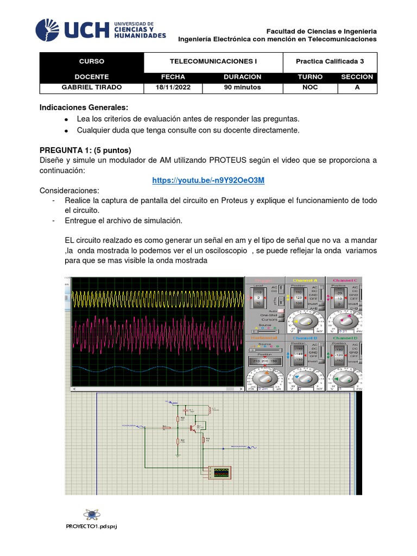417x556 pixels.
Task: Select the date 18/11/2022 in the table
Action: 170,87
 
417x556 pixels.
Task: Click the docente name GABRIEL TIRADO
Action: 92,87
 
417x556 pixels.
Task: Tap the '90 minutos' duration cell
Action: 242,87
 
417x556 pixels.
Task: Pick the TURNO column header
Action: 310,77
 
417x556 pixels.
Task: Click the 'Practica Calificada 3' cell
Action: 330,62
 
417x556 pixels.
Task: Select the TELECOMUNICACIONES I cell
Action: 213,62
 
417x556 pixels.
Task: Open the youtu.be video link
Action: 208,180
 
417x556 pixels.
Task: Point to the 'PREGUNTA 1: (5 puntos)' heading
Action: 85,150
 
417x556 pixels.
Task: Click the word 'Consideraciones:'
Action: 69,191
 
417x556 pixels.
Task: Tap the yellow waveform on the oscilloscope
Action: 157,298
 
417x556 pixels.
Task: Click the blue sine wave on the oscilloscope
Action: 157,369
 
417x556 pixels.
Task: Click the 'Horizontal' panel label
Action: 264,338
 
